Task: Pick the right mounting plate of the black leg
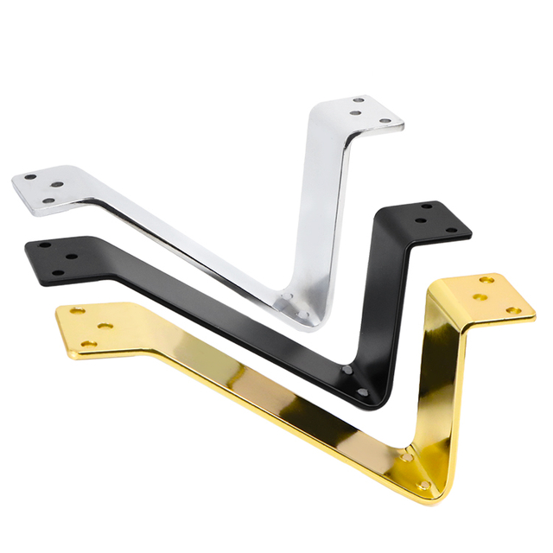click(x=436, y=220)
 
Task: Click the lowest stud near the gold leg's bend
click(x=423, y=486)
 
